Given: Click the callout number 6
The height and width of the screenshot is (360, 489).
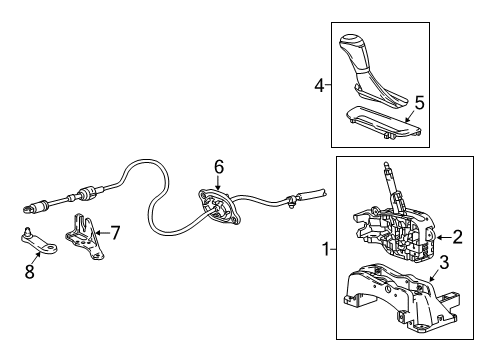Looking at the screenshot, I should tap(219, 167).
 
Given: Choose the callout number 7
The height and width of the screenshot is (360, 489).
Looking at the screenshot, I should tap(116, 233).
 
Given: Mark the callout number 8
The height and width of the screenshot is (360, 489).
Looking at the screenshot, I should tap(30, 270).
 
